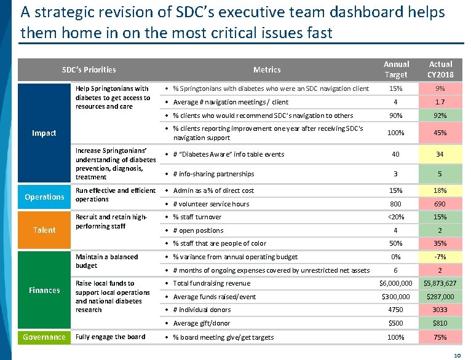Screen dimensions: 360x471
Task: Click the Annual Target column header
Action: pos(396,69)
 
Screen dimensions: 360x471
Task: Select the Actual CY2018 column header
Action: pos(440,69)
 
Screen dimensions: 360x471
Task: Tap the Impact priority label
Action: pos(44,133)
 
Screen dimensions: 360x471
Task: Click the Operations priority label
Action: pos(44,197)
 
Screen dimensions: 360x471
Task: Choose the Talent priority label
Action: pos(44,230)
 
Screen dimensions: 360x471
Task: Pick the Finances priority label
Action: pos(44,290)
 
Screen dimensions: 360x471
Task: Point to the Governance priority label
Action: pos(44,337)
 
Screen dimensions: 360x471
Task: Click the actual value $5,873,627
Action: pos(440,283)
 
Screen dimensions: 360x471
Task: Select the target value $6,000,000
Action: pos(396,283)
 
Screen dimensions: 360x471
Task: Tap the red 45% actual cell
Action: pos(440,133)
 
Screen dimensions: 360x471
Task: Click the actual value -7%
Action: pos(440,257)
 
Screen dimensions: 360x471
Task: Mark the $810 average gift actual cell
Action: pos(440,323)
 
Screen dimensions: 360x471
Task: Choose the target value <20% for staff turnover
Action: pos(396,217)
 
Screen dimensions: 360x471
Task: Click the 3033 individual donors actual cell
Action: pos(440,310)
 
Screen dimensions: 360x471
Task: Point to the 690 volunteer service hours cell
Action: pos(440,204)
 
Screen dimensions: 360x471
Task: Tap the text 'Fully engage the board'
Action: pos(110,337)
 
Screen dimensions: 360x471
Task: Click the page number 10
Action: pos(457,355)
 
